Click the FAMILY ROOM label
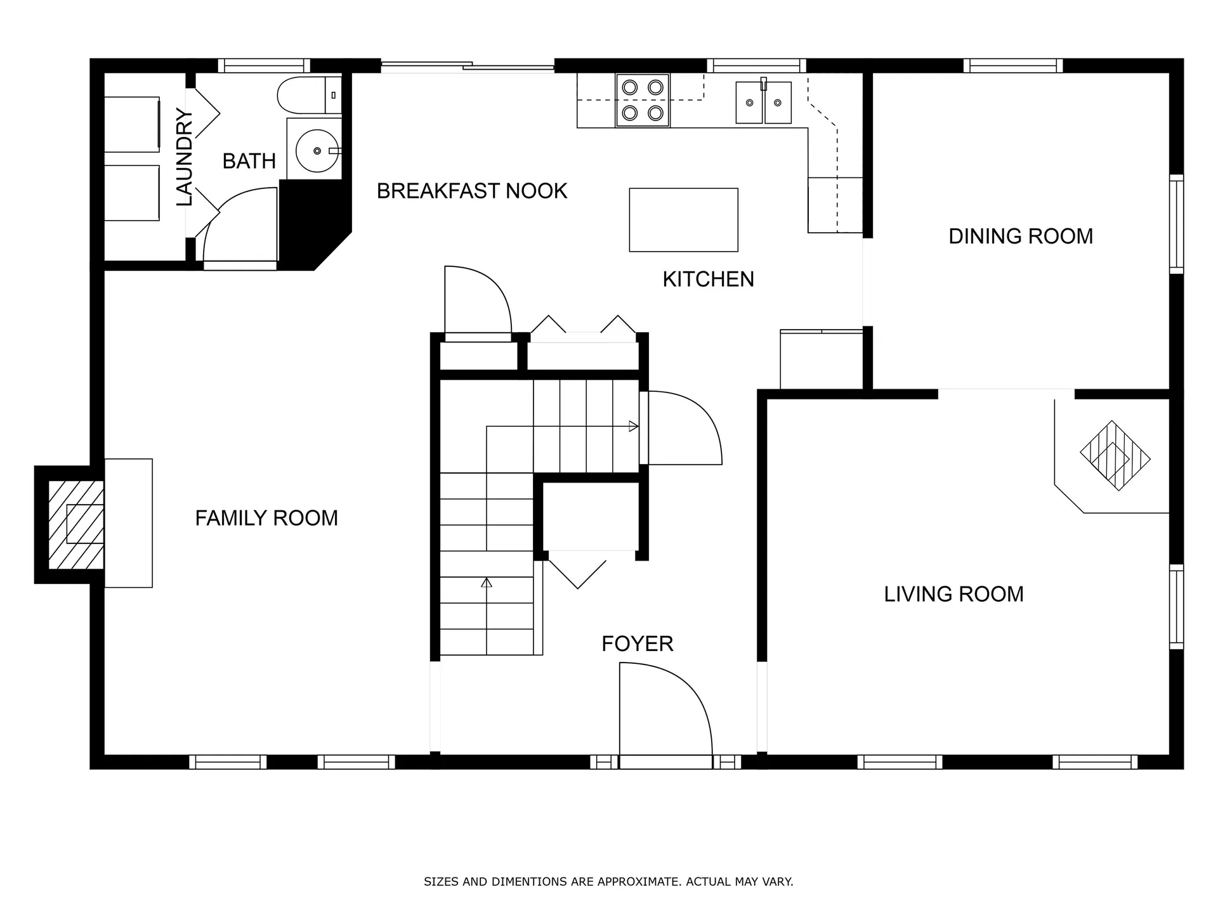tap(266, 519)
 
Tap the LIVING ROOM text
tap(953, 594)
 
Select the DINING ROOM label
tap(1020, 236)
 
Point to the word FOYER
tap(637, 644)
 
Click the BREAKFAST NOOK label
tap(471, 191)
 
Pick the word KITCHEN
tap(708, 280)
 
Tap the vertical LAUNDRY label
tap(184, 157)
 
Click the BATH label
tap(249, 162)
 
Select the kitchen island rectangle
tap(683, 220)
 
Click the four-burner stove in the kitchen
tap(642, 100)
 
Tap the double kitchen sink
tap(763, 103)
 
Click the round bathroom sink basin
tap(317, 151)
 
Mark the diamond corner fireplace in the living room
tap(1115, 455)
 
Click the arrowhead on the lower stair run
tap(487, 582)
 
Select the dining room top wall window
tap(1013, 66)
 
